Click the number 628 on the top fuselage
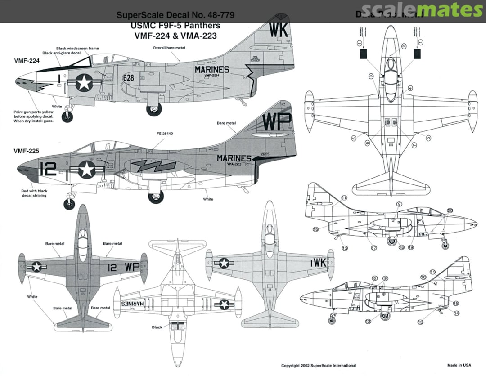tap(129, 78)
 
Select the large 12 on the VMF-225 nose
tap(48, 169)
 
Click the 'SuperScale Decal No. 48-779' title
tap(175, 15)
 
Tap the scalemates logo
tap(422, 10)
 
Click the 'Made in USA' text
tap(459, 365)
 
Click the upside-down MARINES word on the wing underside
tap(138, 304)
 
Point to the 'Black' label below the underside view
tap(157, 327)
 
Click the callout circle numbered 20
tap(450, 210)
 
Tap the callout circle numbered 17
tap(373, 247)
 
